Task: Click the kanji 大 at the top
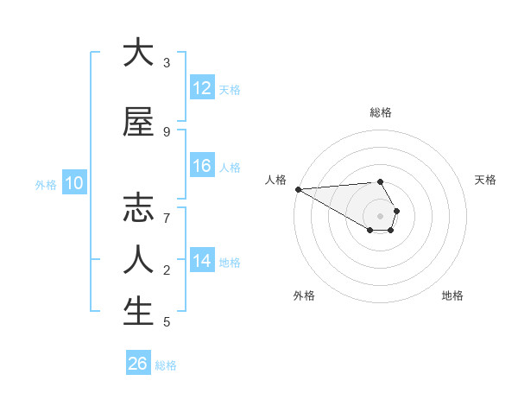tap(138, 53)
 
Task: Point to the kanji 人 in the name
tap(138, 259)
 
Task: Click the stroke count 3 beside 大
tap(167, 63)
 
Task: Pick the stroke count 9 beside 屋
tap(167, 131)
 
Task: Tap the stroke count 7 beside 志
tap(167, 218)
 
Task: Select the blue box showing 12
tap(202, 88)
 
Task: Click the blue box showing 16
tap(202, 166)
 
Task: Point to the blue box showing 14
tap(202, 261)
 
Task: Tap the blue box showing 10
tap(74, 183)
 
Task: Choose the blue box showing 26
tap(138, 364)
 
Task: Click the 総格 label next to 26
tap(166, 365)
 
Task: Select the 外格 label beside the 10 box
tap(46, 184)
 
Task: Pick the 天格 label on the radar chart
tap(486, 180)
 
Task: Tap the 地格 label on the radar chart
tap(452, 295)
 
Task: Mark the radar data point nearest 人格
tap(298, 189)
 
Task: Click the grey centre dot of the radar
tap(380, 215)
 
